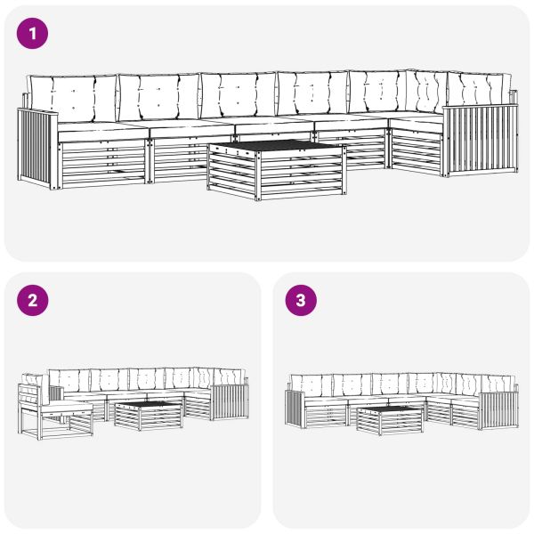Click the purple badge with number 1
coord(33,35)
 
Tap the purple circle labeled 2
coord(33,301)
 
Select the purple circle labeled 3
coord(300,301)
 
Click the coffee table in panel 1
coord(276,168)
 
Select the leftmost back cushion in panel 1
coord(72,94)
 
